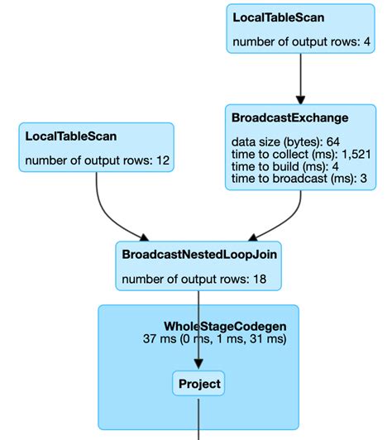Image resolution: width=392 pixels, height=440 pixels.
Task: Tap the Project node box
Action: (x=198, y=384)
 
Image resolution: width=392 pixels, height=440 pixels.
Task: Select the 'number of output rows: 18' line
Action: (x=193, y=280)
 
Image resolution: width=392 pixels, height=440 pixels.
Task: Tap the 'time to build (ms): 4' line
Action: (x=275, y=166)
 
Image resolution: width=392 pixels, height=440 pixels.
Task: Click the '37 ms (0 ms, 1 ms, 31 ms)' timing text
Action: (x=214, y=339)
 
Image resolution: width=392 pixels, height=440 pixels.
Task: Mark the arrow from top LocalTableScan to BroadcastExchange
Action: (x=299, y=79)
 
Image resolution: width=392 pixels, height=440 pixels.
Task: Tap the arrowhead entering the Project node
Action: (x=198, y=365)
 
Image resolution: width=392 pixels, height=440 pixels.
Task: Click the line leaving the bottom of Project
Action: (x=198, y=418)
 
